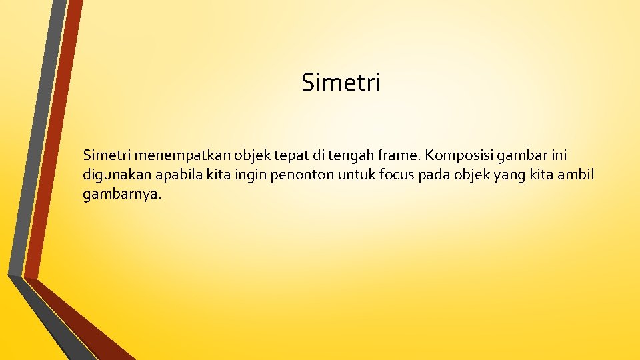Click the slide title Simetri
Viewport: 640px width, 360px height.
point(341,83)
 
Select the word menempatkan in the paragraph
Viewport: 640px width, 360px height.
point(177,156)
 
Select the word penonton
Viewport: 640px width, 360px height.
point(291,175)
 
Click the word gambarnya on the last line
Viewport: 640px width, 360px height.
point(122,195)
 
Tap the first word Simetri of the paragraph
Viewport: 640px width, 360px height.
point(106,156)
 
